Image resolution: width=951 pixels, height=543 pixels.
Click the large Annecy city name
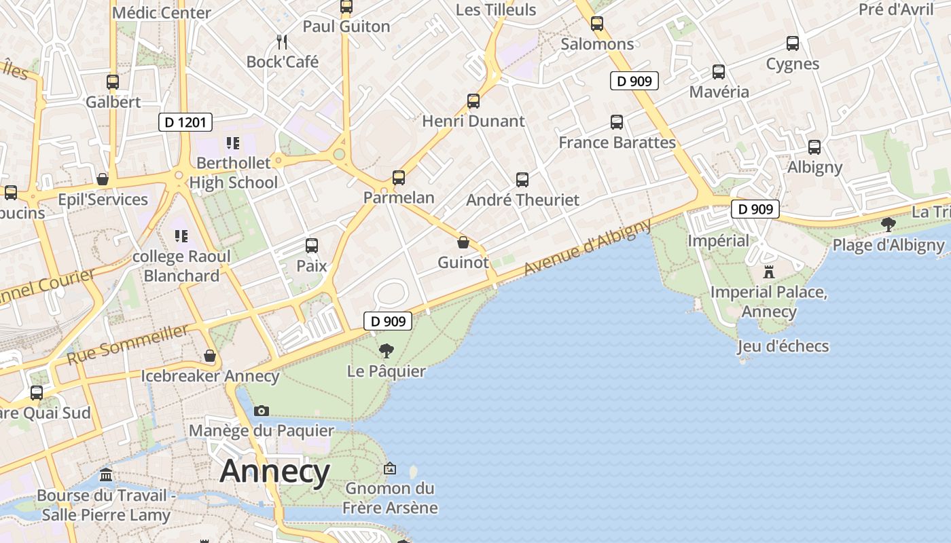274,471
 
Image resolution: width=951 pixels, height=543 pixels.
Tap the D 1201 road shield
185,122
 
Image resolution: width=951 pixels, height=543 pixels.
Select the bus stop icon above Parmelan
399,178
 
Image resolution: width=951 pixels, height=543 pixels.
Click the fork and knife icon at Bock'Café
283,42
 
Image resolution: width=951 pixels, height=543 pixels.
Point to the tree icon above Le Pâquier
386,351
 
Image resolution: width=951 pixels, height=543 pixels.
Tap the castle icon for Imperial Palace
769,272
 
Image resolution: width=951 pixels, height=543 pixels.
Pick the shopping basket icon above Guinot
463,242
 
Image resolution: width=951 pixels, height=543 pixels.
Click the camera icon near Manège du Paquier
261,411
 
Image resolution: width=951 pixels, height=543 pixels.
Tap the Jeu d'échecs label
783,346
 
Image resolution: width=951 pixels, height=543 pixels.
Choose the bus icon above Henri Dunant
473,101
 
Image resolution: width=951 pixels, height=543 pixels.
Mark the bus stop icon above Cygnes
793,43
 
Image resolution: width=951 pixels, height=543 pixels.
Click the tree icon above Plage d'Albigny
888,225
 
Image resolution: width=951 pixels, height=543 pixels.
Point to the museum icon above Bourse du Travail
106,474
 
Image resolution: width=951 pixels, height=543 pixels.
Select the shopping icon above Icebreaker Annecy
210,356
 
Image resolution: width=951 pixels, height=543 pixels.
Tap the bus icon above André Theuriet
522,180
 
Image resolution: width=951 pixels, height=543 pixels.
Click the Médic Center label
162,12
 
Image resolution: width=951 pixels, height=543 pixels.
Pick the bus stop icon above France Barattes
617,122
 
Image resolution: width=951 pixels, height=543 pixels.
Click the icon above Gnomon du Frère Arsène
390,468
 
